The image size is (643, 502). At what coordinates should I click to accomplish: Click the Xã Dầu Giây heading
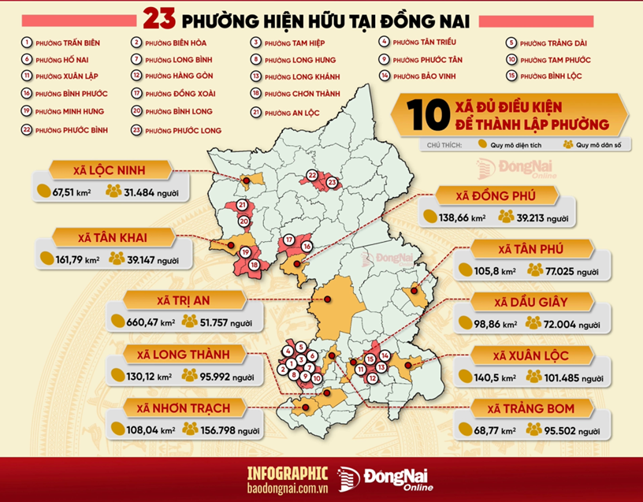click(x=532, y=302)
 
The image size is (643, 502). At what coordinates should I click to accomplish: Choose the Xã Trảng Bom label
click(x=530, y=408)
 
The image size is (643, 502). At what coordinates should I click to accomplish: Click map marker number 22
click(x=312, y=175)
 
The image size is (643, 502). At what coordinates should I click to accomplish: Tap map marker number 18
click(x=254, y=265)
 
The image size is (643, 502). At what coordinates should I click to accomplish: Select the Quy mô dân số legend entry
click(x=591, y=145)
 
